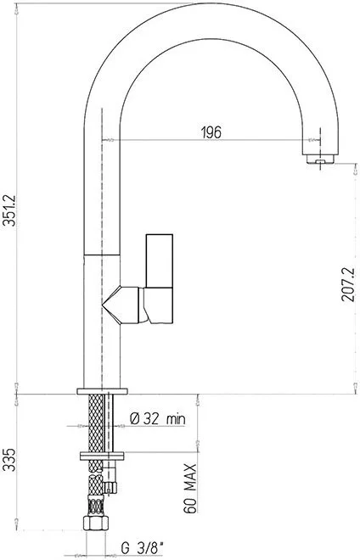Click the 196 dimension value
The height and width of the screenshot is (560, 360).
click(x=211, y=132)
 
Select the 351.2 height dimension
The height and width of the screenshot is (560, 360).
click(x=9, y=210)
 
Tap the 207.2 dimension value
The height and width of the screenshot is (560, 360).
click(x=348, y=284)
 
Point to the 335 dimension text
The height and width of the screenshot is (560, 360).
click(x=9, y=460)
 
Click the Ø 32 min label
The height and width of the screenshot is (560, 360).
click(x=158, y=418)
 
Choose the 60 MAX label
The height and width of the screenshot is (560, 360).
click(x=190, y=488)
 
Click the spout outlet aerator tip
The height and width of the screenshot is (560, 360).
click(x=320, y=160)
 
